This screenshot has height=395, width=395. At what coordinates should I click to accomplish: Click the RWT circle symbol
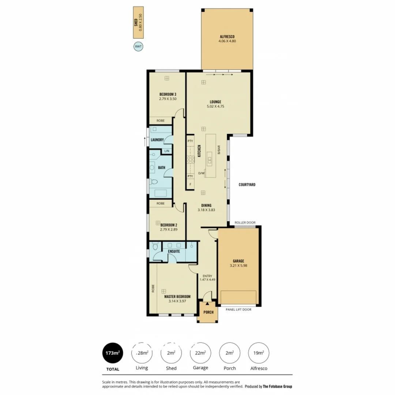[x=138, y=46]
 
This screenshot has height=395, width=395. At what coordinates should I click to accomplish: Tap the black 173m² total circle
[x=112, y=353]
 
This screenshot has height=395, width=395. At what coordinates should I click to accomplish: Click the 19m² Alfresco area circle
[x=259, y=353]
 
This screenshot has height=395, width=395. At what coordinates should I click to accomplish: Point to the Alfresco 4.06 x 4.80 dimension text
[x=227, y=42]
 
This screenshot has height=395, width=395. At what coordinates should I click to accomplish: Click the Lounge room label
[x=215, y=102]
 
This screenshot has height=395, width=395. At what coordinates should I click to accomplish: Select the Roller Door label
[x=245, y=223]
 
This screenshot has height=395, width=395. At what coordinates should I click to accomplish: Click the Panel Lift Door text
[x=238, y=309]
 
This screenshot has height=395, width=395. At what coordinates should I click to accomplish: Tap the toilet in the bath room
[x=154, y=181]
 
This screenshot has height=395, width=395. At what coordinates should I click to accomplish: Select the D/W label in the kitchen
[x=201, y=173]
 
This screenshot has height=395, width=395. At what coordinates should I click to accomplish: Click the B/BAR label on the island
[x=219, y=150]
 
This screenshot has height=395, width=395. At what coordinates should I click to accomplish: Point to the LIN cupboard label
[x=166, y=151]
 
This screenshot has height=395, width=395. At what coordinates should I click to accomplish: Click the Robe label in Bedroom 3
[x=161, y=120]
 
